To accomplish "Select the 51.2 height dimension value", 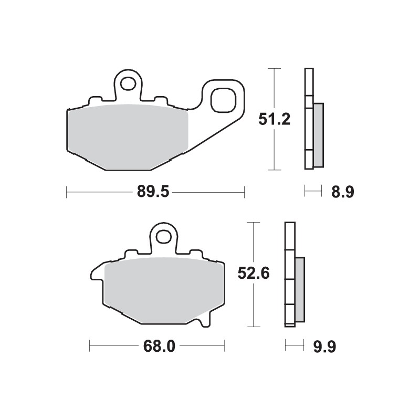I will [x=274, y=120].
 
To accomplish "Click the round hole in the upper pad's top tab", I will [x=128, y=83].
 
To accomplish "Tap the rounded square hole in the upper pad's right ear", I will [x=223, y=100].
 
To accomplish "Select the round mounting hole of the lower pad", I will [x=165, y=236].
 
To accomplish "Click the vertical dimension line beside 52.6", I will [x=254, y=304].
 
